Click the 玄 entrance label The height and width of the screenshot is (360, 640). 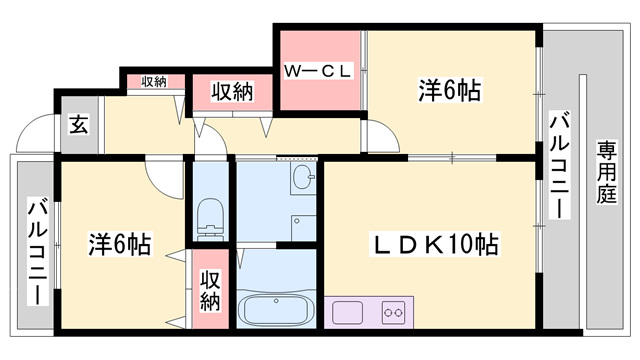77,125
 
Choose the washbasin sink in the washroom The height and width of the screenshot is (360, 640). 303,181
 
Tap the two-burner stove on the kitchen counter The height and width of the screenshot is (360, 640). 392,310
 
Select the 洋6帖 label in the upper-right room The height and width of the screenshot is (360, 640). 449,91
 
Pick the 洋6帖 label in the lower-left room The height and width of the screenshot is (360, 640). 118,244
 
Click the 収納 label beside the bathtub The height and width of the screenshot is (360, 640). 210,289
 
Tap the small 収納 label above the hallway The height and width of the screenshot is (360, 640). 153,82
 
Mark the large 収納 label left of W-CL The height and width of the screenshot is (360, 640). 232,92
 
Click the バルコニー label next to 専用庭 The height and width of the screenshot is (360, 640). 560,167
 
